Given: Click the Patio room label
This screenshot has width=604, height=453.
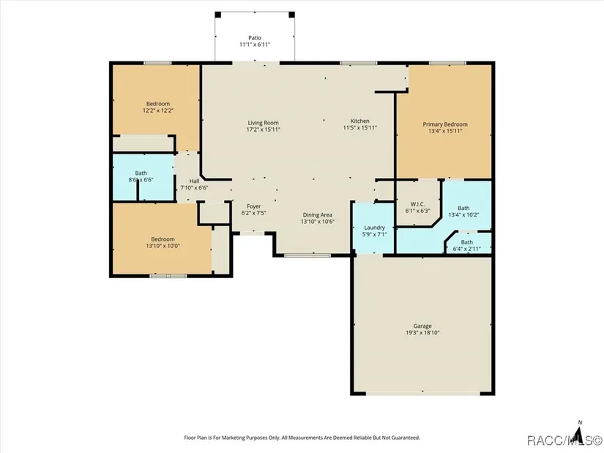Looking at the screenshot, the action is pyautogui.click(x=255, y=38).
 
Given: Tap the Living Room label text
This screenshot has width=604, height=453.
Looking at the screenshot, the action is pyautogui.click(x=263, y=123).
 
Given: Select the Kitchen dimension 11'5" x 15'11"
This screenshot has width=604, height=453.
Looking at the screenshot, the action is pyautogui.click(x=359, y=128).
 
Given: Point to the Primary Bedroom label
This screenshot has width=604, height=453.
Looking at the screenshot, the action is pyautogui.click(x=445, y=124).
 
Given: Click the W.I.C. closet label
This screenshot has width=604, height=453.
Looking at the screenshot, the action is pyautogui.click(x=417, y=204).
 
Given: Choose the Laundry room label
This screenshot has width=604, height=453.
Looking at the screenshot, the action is pyautogui.click(x=374, y=228).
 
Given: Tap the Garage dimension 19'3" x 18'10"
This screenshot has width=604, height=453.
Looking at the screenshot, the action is pyautogui.click(x=422, y=333).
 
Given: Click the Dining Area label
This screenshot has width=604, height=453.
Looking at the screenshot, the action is pyautogui.click(x=318, y=215).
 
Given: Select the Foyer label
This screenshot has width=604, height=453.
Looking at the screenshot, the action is pyautogui.click(x=254, y=206).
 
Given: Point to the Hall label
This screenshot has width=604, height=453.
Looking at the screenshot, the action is pyautogui.click(x=194, y=181).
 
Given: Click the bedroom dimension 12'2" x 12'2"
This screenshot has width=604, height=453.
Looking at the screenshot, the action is pyautogui.click(x=158, y=111).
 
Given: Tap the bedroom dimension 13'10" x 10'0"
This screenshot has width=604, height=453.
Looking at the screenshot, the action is pyautogui.click(x=163, y=246).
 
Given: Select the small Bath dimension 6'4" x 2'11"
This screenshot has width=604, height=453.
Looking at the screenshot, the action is pyautogui.click(x=467, y=249).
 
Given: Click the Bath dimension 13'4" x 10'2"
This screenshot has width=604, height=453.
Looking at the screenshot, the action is pyautogui.click(x=463, y=215).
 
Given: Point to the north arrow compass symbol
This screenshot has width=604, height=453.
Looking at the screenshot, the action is pyautogui.click(x=578, y=433).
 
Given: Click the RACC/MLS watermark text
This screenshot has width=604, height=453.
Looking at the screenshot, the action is pyautogui.click(x=564, y=440).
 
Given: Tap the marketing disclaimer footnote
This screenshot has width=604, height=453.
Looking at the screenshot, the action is pyautogui.click(x=302, y=438).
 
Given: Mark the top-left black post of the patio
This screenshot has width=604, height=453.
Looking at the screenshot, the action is pyautogui.click(x=217, y=15).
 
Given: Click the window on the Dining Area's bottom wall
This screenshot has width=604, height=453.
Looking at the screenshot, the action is pyautogui.click(x=307, y=255).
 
